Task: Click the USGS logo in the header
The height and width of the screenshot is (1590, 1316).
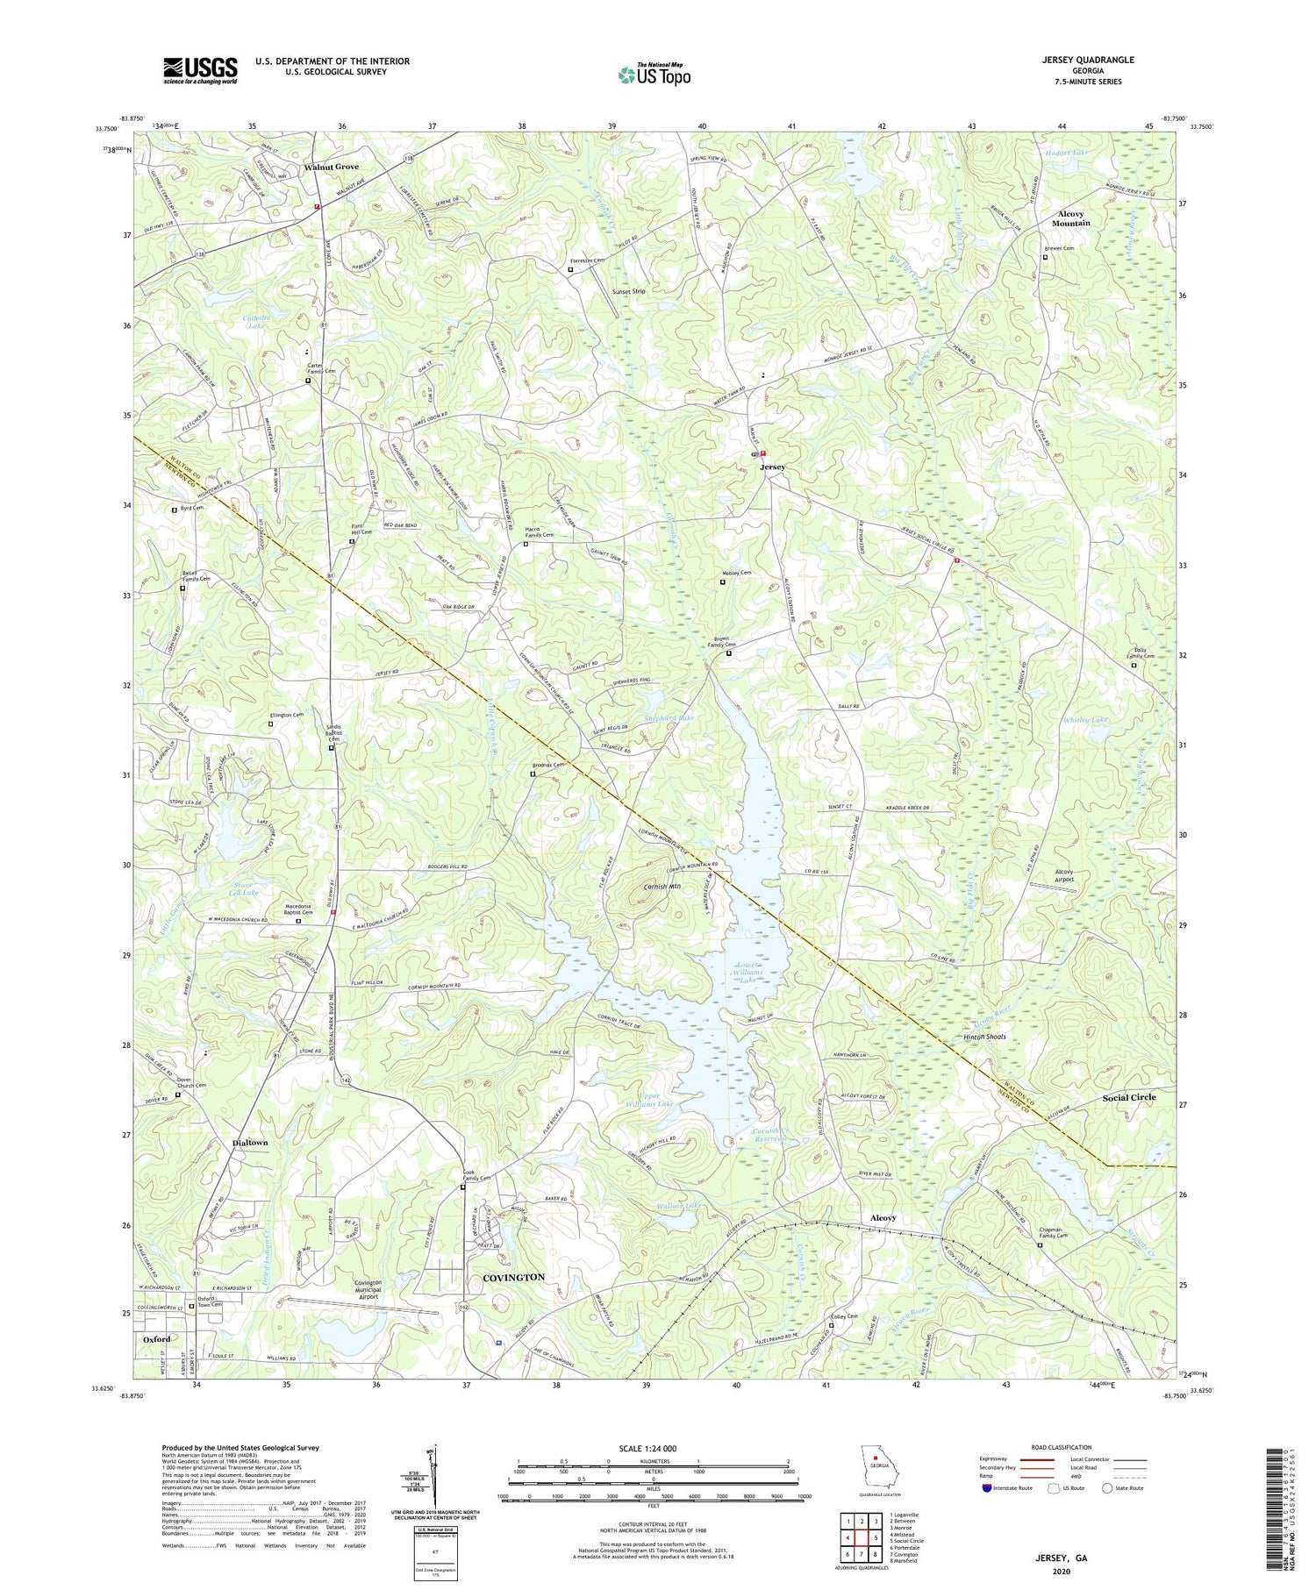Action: pos(200,70)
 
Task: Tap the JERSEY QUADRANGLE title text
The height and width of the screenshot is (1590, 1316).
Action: pos(1084,60)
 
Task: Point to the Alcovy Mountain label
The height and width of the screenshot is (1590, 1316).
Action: pos(1072,218)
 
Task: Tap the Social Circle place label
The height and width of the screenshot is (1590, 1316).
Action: pos(1129,1097)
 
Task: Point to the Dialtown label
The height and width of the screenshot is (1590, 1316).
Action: pos(250,1144)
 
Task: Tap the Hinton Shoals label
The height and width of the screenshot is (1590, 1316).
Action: pos(978,1037)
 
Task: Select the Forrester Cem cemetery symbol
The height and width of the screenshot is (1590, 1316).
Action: pos(570,270)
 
